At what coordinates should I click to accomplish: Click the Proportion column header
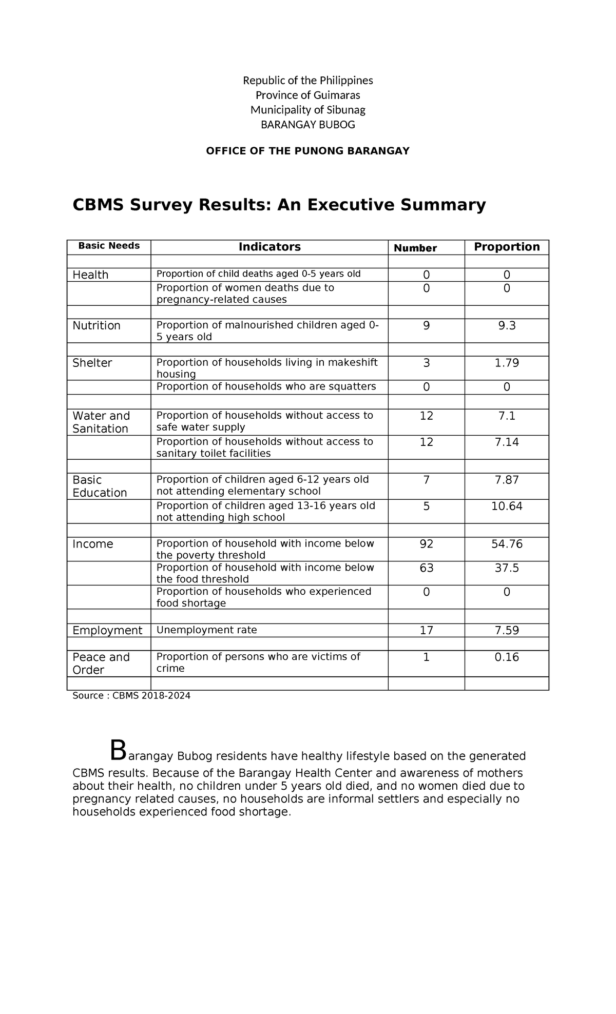click(x=507, y=247)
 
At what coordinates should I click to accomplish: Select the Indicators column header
click(x=269, y=247)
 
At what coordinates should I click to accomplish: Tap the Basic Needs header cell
click(x=109, y=246)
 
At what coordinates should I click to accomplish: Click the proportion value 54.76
click(x=507, y=544)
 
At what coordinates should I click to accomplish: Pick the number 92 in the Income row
click(x=426, y=544)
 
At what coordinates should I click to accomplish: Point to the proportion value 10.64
click(x=507, y=506)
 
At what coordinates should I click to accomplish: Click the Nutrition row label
click(x=97, y=325)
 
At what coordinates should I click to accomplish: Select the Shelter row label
click(x=92, y=363)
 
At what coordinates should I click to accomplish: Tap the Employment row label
click(x=107, y=630)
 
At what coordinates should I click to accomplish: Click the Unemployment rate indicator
click(x=206, y=630)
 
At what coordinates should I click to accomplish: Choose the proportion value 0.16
click(x=507, y=657)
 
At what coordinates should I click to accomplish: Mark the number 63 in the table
click(x=426, y=568)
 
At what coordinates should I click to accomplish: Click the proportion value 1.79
click(x=507, y=363)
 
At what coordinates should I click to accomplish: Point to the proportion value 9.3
click(x=507, y=325)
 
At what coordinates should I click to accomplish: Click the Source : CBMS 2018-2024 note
click(x=131, y=696)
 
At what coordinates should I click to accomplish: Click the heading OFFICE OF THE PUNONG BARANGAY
click(x=307, y=151)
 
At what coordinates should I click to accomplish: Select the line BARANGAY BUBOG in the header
click(x=307, y=125)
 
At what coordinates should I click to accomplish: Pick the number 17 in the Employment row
click(x=426, y=630)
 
